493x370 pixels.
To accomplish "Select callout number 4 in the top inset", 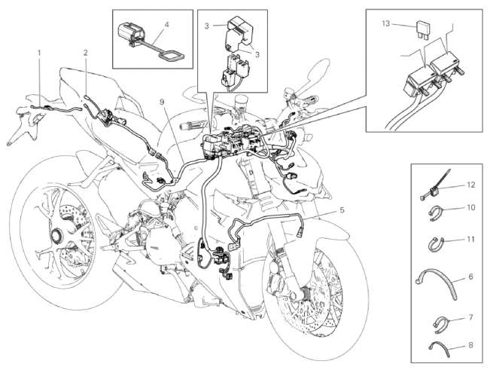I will pyautogui.click(x=166, y=24).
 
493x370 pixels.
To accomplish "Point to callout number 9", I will pyautogui.click(x=160, y=101).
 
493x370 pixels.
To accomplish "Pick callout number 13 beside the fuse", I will pyautogui.click(x=387, y=24).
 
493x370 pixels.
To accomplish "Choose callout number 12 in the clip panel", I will pyautogui.click(x=471, y=184).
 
